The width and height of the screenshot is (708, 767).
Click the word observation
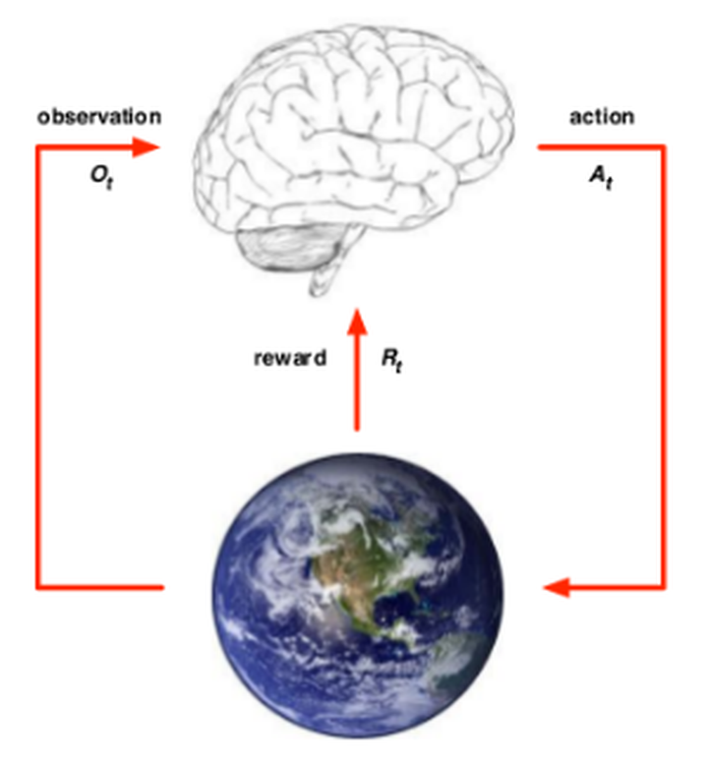point(99,117)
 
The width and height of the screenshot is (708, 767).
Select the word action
point(601,117)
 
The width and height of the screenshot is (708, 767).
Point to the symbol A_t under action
point(601,181)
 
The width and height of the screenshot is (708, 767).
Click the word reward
point(289,358)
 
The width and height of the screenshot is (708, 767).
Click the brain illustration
point(354,138)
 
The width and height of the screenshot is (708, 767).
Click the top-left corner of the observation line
point(38,147)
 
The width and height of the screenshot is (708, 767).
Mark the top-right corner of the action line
point(665,147)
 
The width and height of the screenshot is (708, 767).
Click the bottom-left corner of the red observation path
point(38,588)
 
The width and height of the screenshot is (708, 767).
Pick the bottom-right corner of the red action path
point(665,588)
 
